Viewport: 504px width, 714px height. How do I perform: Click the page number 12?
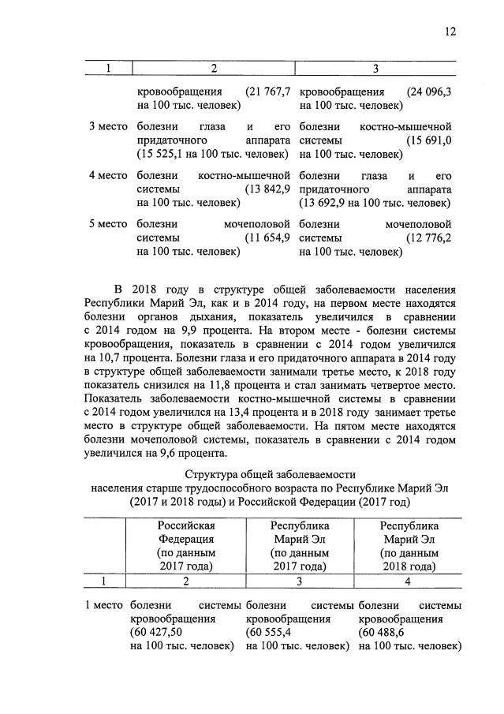450,32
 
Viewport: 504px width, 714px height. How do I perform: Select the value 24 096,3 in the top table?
428,92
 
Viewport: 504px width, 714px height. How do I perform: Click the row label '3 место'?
107,126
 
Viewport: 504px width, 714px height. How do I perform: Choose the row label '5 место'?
107,224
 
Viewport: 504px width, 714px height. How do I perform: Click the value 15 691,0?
428,140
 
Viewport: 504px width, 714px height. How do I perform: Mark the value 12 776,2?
428,238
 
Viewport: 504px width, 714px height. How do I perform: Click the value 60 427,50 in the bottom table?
157,633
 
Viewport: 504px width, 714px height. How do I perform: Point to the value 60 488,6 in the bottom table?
381,633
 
